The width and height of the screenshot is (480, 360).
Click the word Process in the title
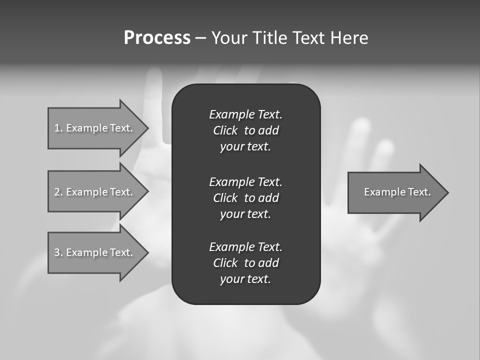(157, 38)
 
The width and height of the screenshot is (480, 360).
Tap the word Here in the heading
(348, 38)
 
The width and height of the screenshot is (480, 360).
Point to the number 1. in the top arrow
(58, 128)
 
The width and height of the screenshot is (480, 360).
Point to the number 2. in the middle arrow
(58, 192)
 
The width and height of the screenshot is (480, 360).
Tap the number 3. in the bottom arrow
(58, 252)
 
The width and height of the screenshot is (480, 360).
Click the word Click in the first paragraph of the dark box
(225, 130)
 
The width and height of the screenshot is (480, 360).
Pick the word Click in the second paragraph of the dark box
(225, 198)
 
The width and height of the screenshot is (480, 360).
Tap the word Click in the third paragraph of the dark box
(225, 263)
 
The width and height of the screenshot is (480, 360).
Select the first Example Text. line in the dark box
(245, 114)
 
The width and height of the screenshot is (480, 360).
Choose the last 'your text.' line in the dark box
(245, 279)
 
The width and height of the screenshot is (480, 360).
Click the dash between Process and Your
(200, 38)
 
